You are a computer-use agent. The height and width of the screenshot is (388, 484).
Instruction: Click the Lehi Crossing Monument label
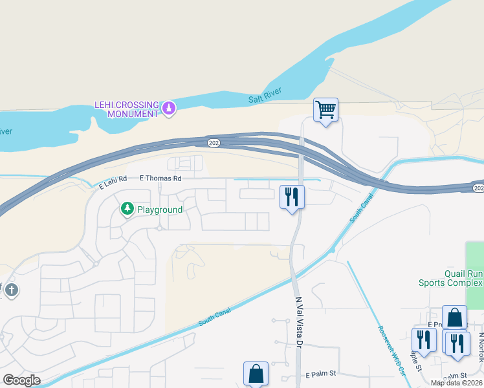(127, 109)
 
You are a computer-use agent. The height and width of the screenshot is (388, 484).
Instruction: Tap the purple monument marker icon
(168, 108)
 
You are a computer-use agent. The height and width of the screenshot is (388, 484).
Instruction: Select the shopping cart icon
(326, 109)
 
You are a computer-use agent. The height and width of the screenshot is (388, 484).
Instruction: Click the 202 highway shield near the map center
(214, 142)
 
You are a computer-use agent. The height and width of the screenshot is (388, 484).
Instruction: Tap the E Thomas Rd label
(160, 177)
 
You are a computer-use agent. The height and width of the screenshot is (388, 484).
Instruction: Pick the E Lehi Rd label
(113, 185)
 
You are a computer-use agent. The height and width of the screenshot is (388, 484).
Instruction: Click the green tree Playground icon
(127, 209)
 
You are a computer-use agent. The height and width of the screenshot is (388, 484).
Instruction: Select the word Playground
(159, 210)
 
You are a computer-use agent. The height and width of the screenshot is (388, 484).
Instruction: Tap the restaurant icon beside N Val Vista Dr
(292, 196)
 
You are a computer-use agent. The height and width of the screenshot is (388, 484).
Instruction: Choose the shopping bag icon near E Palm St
(256, 374)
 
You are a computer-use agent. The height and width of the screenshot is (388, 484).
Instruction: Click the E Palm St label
(322, 374)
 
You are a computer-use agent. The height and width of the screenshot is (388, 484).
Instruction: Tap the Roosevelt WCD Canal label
(391, 349)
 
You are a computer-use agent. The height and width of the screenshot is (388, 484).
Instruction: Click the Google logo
(21, 380)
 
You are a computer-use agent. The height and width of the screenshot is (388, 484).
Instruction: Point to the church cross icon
(11, 291)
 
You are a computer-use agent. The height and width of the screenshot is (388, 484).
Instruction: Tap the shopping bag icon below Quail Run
(454, 318)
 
